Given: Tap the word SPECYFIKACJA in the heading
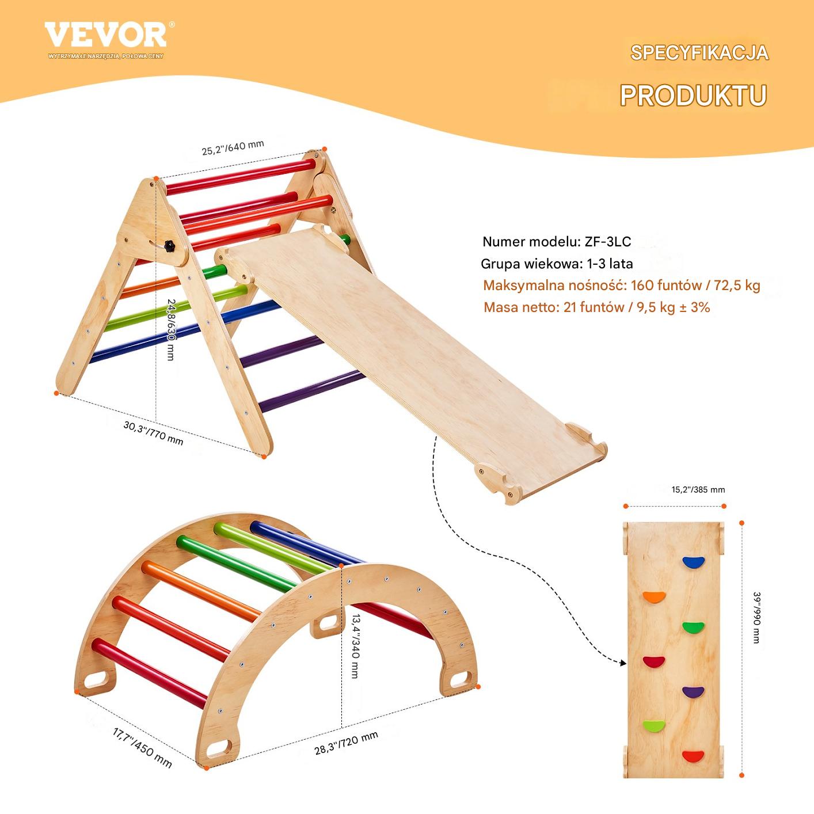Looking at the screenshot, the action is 699,53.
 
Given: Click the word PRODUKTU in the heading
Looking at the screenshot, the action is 693,96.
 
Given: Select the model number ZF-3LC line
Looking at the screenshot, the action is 557,242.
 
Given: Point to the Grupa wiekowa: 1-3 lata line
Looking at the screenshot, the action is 557,264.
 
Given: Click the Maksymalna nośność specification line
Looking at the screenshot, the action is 622,286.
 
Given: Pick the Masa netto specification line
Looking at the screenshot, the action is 596,307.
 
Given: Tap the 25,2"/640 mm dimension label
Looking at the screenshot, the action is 233,147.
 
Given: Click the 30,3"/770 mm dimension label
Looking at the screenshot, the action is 153,433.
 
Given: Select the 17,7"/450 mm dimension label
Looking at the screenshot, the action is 142,747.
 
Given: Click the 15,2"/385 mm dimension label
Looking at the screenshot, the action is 698,489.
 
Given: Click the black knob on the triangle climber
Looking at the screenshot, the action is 169,246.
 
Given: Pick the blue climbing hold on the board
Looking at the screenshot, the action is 693,562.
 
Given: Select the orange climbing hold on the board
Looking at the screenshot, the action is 655,597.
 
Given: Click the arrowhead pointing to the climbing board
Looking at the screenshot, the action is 623,663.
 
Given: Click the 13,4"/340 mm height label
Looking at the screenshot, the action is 356,646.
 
